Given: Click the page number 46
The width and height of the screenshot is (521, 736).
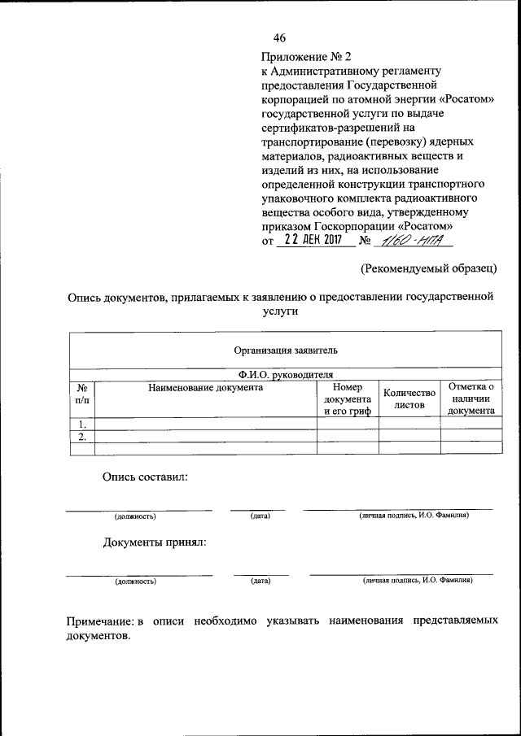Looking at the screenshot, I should [280, 38].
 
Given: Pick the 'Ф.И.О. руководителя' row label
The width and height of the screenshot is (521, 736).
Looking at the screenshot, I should [285, 375].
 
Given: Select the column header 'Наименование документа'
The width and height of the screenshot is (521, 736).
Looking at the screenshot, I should [205, 389].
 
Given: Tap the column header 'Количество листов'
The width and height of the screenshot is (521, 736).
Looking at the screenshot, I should [409, 398].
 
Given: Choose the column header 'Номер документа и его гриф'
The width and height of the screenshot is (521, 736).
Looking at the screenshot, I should [348, 398].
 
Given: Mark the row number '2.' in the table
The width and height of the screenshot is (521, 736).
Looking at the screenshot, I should [82, 437].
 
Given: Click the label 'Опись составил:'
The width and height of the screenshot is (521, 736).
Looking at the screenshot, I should [145, 477].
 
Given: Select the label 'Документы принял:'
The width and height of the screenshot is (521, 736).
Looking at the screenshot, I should [154, 542].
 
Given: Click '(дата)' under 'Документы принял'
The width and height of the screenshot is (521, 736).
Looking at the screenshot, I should [260, 581].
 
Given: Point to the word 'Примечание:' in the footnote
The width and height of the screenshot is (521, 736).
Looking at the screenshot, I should [100, 621].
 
